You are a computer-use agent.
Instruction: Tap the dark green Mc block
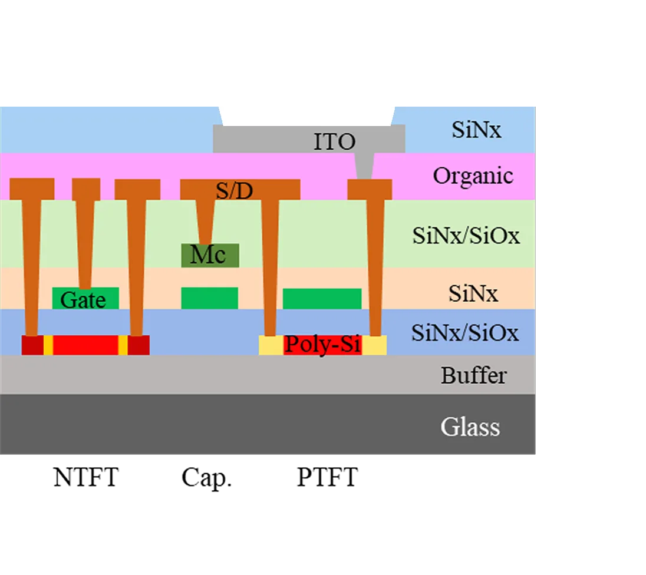click(210, 255)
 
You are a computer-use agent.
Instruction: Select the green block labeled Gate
click(85, 299)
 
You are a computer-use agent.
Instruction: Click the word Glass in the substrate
click(470, 427)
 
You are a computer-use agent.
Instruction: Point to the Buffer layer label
click(473, 375)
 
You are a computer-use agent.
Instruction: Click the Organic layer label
click(473, 176)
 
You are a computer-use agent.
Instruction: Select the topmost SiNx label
click(476, 130)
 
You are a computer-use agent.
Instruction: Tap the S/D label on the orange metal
click(234, 190)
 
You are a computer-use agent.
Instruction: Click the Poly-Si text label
click(322, 344)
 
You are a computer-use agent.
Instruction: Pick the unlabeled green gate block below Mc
click(209, 298)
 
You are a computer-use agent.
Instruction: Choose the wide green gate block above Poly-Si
click(322, 299)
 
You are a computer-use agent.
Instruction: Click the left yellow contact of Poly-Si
click(271, 345)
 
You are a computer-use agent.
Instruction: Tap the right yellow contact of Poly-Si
click(374, 345)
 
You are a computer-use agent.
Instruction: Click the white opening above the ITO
click(306, 114)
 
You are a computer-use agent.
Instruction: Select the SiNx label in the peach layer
click(473, 293)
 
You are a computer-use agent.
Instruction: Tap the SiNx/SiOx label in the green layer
click(466, 236)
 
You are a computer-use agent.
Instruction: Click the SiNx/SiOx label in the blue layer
click(464, 333)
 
